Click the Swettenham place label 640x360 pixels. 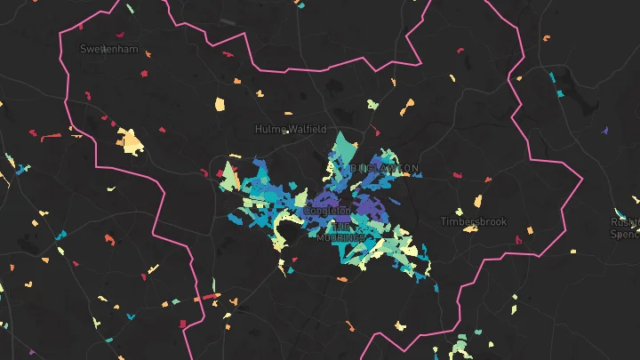[108, 49]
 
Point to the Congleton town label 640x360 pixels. [328, 211]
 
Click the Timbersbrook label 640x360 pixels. [474, 221]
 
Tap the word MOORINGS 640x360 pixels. [341, 238]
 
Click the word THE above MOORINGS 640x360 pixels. [340, 227]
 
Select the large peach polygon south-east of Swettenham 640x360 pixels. [130, 140]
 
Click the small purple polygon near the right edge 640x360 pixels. [604, 131]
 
